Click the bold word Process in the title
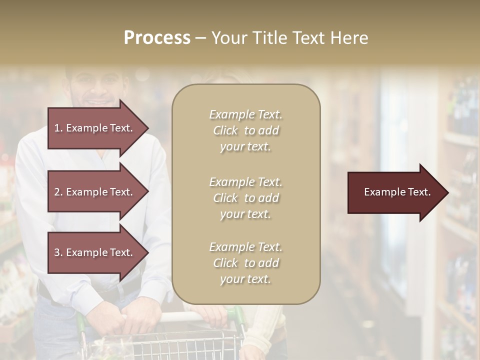(157, 38)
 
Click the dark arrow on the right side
(395, 192)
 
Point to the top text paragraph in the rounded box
(246, 130)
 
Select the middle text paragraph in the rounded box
(246, 198)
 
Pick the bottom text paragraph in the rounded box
(246, 263)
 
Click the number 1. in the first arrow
(58, 128)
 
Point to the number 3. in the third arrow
(58, 252)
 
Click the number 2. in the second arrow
(58, 192)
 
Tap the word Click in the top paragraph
(225, 130)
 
